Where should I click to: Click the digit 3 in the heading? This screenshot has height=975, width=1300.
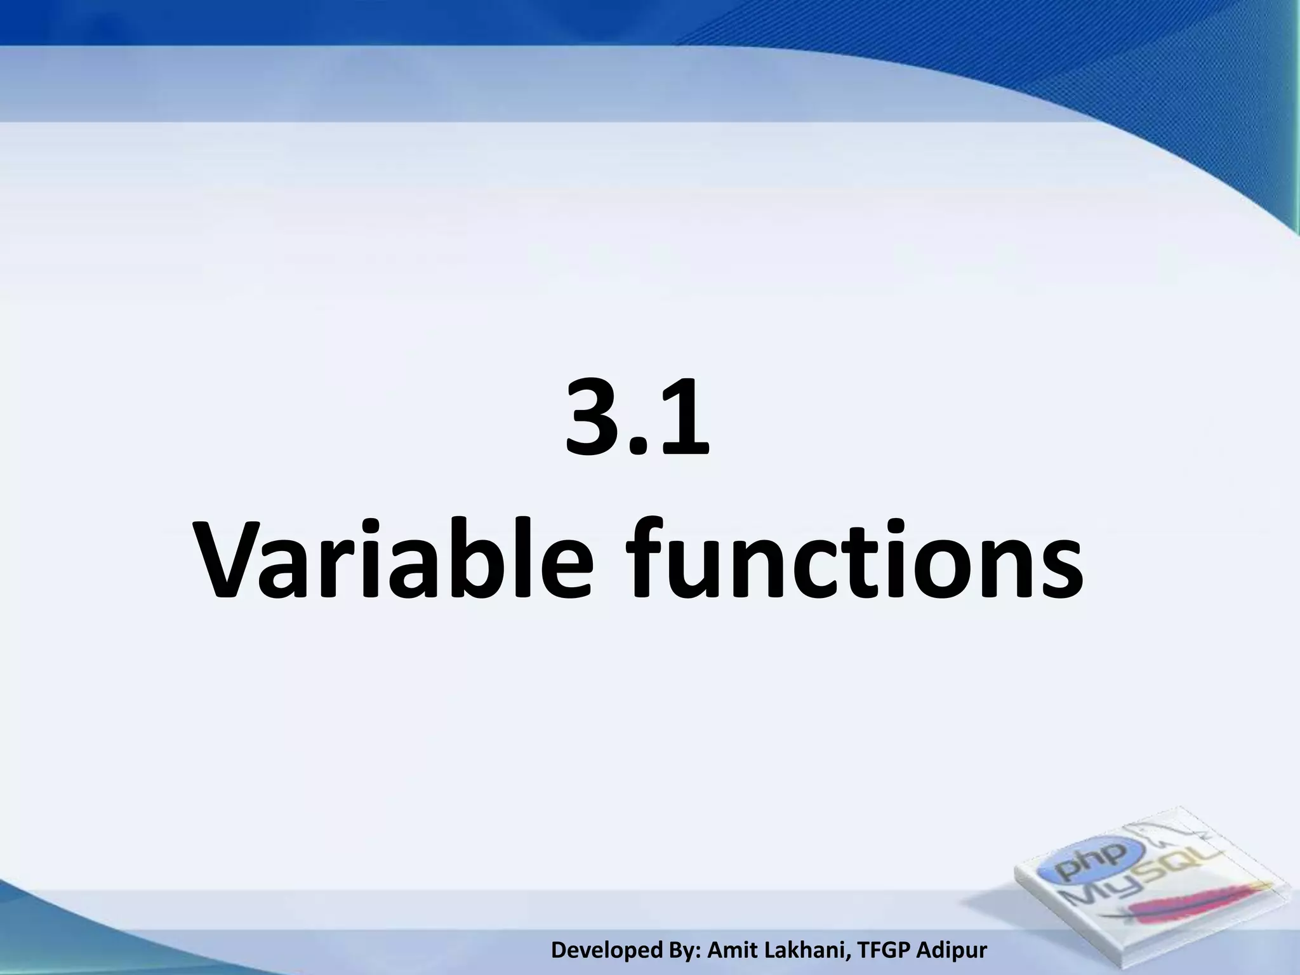coord(594,416)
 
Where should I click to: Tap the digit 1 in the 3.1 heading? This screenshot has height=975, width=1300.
coord(680,416)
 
